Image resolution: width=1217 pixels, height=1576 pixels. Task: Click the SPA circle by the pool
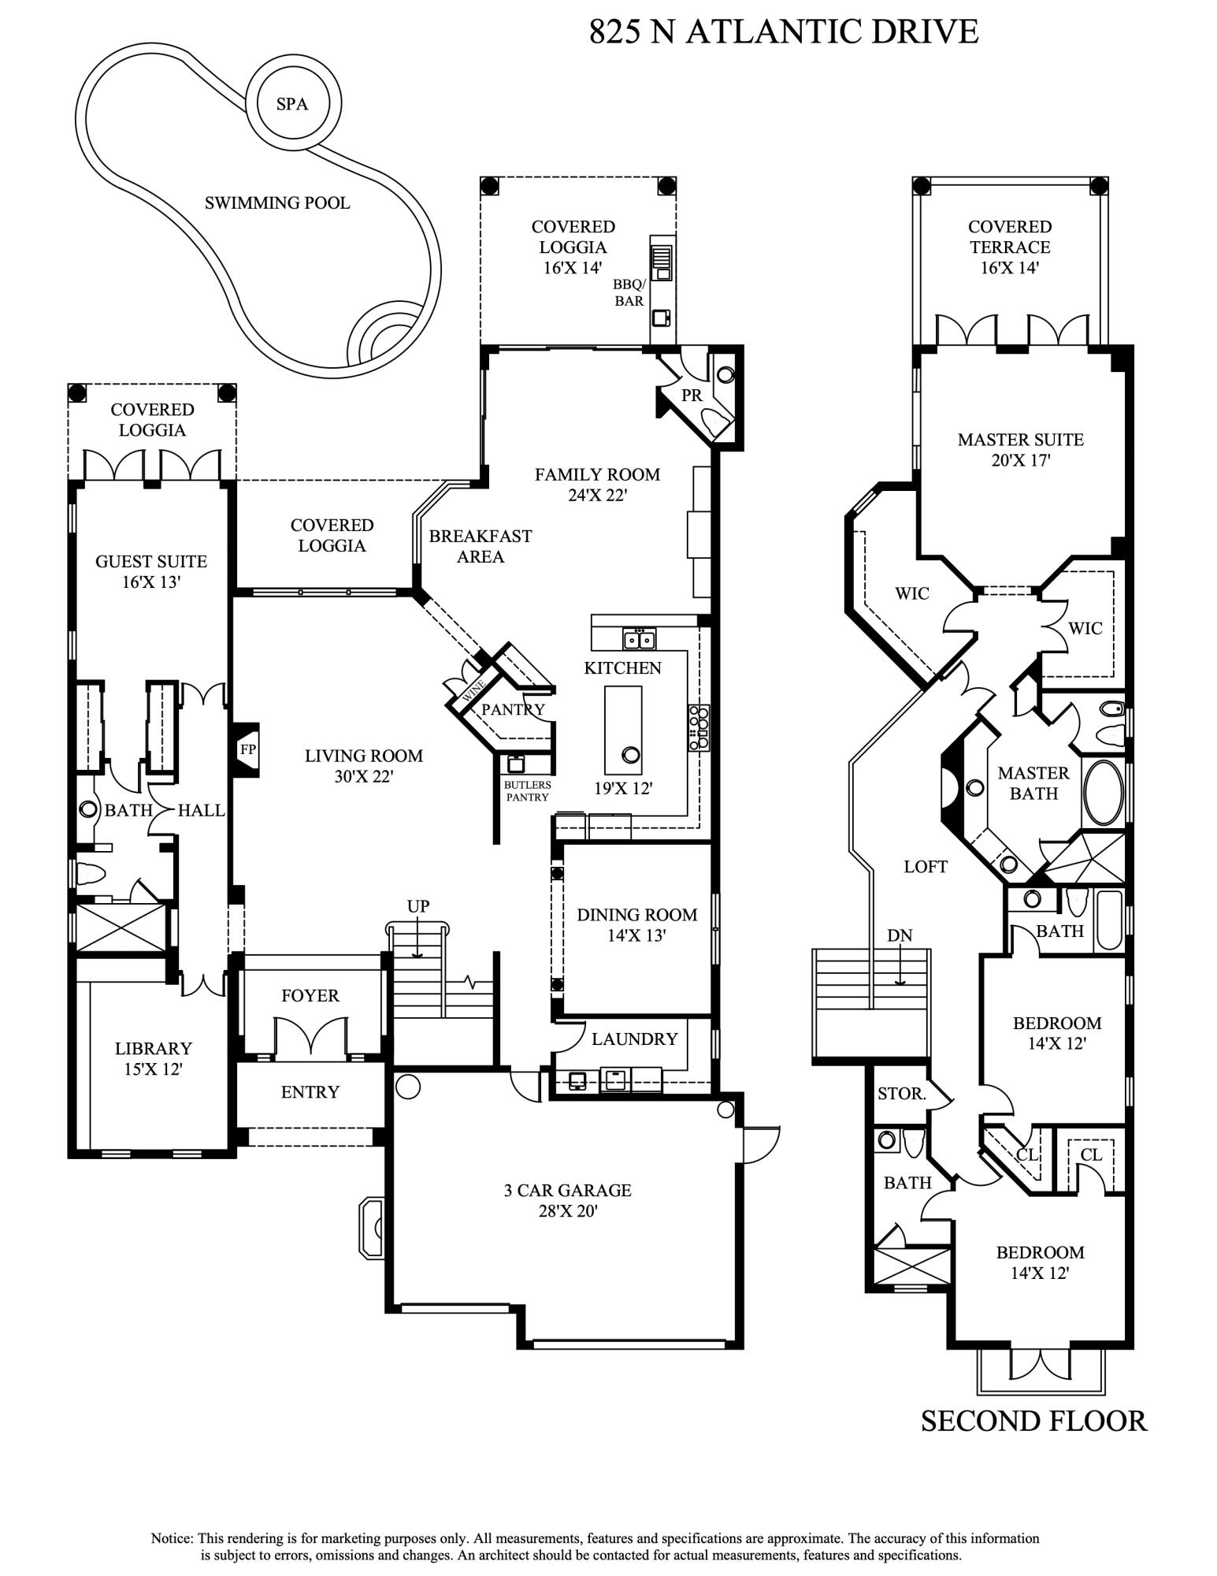[x=292, y=103]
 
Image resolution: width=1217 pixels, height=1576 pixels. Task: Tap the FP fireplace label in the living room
[x=248, y=749]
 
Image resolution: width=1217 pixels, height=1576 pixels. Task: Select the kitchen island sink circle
[x=630, y=755]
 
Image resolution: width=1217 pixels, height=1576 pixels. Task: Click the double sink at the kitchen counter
[x=639, y=639]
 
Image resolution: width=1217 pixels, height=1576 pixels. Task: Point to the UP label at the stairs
[x=418, y=906]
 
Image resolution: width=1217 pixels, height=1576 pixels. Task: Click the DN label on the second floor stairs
[x=900, y=935]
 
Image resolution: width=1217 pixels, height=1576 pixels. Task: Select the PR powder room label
[x=692, y=396]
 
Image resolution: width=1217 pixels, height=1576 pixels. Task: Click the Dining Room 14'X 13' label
[x=636, y=925]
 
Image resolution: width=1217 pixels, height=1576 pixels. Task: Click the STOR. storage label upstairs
[x=901, y=1094]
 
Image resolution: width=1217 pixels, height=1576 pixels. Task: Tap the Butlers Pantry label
[x=528, y=791]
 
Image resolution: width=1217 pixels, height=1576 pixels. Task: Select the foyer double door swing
[x=311, y=1035]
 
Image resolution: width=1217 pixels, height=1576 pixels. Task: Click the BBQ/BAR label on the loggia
[x=629, y=293]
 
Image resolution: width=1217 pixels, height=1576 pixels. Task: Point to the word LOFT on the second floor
[x=926, y=867]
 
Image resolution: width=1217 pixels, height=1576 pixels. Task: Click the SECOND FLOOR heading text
[x=1033, y=1422]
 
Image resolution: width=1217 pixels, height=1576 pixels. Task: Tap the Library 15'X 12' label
[x=153, y=1058]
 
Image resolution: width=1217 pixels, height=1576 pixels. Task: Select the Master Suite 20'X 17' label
[x=1020, y=449]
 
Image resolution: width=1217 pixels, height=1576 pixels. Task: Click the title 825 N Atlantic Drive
[x=784, y=32]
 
